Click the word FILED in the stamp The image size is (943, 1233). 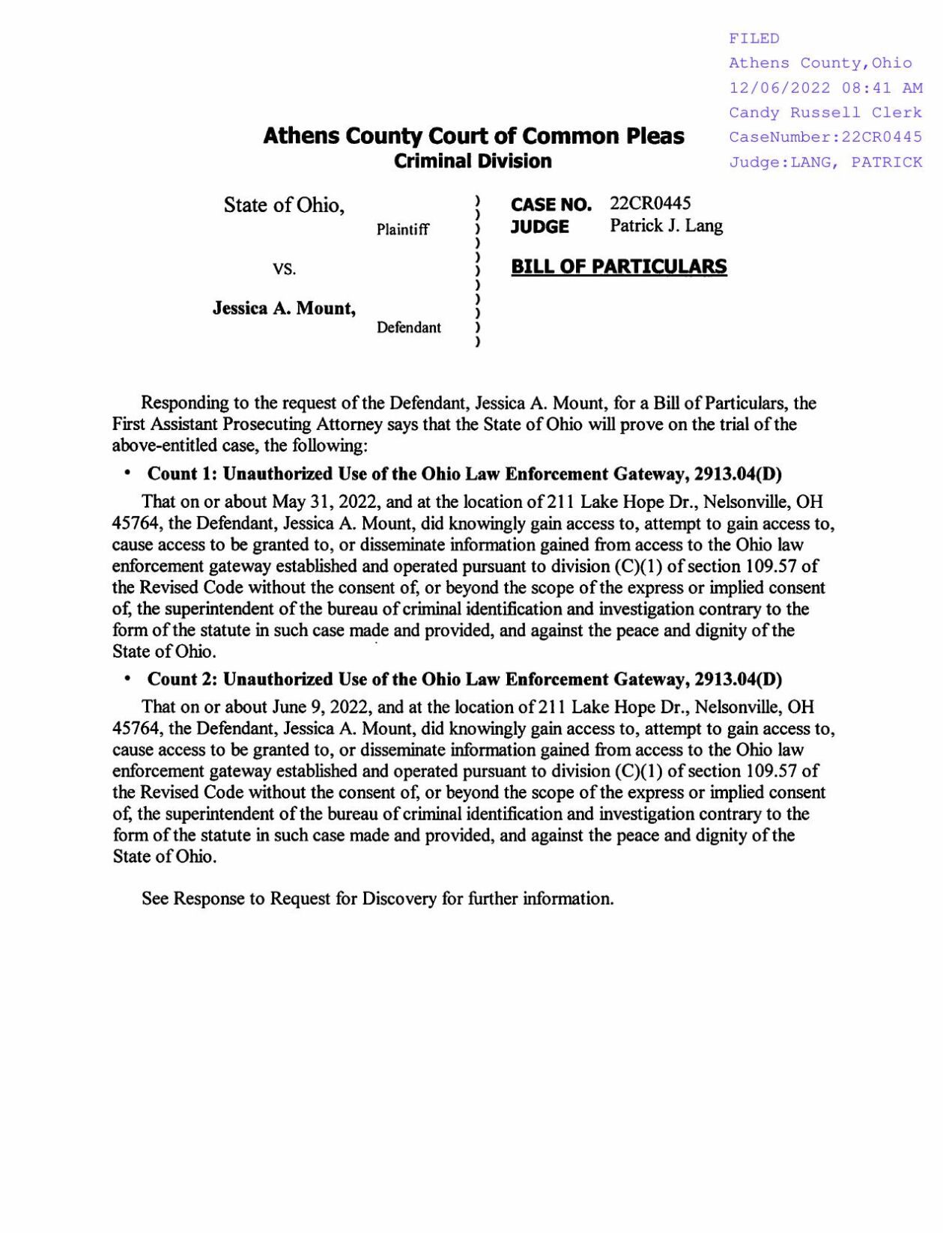pos(754,38)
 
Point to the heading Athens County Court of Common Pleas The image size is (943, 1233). pos(473,136)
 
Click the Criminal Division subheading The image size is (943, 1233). pos(473,161)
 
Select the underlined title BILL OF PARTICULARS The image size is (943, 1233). pos(619,267)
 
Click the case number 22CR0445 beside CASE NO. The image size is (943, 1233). pos(650,204)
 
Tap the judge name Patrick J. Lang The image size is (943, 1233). pos(666,225)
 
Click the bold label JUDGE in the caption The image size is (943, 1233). pos(539,226)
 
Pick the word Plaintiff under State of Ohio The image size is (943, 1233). pos(403,229)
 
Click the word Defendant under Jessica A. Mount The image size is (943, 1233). pos(408,327)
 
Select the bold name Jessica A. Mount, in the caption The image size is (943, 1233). pos(284,308)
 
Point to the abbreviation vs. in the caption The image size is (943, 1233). pos(285,268)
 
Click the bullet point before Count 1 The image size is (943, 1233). pos(128,473)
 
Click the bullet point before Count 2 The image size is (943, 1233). pos(128,678)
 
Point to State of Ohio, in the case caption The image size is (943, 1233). pos(284,205)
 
